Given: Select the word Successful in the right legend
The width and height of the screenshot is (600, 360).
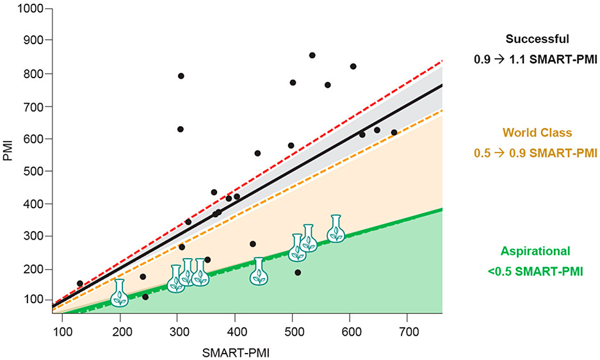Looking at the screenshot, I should (x=536, y=39).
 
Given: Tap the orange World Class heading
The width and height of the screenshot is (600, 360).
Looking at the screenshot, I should (x=537, y=133).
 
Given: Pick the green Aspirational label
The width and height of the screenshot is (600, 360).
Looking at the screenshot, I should (x=536, y=251).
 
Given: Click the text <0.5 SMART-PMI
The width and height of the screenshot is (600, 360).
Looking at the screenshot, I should (x=536, y=271).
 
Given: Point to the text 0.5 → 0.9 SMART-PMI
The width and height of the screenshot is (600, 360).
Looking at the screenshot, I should (x=536, y=153).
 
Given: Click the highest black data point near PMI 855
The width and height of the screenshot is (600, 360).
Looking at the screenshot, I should (x=312, y=56).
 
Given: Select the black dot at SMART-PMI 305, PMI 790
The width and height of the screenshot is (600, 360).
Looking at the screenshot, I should (x=181, y=76).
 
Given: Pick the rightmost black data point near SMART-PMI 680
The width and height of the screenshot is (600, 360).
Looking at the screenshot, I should (x=394, y=133).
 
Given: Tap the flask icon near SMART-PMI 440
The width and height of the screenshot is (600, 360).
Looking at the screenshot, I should (x=259, y=272).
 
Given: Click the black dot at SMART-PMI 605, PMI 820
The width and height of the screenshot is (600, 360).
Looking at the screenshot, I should (x=353, y=67).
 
